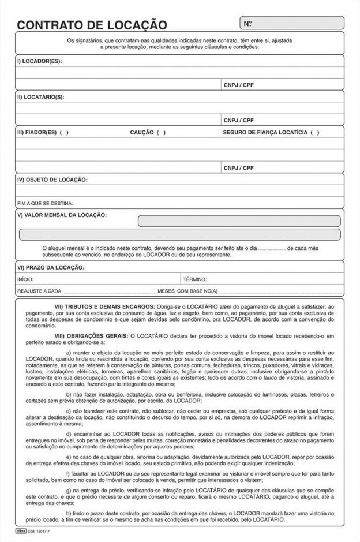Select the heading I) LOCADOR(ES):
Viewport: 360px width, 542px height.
pos(39,61)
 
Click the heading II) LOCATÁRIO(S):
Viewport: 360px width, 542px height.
pos(40,97)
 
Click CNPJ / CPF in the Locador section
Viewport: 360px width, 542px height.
pos(238,85)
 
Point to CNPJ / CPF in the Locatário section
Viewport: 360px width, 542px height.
pos(238,121)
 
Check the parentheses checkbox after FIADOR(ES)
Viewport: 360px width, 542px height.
pos(63,133)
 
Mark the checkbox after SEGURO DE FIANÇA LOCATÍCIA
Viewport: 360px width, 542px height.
pos(314,133)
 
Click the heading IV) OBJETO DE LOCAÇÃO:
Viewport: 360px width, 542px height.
pos(52,180)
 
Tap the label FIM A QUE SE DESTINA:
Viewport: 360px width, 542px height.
pos(46,203)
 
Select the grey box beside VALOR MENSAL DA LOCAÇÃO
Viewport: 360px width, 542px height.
pos(239,221)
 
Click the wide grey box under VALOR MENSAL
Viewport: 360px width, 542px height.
pos(179,234)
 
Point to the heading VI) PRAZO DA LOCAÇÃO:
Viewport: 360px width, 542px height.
pos(51,267)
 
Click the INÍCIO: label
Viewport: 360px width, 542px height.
pos(26,279)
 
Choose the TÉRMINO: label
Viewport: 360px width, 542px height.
pos(194,279)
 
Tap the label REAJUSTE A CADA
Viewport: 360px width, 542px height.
pos(39,291)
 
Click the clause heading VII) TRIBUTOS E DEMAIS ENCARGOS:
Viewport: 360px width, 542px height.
pos(104,306)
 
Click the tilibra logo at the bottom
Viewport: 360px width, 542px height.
pos(22,529)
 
